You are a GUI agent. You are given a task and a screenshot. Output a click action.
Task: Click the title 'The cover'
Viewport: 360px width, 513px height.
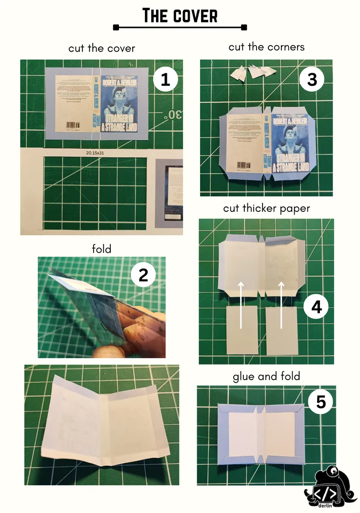180,16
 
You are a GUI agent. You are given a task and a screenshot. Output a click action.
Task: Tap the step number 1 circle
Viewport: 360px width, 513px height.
165,80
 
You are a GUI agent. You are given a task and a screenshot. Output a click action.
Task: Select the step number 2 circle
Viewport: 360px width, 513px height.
143,276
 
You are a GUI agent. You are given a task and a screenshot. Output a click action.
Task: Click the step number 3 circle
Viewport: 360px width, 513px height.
312,80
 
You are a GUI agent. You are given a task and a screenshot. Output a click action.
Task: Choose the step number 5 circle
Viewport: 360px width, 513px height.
320,402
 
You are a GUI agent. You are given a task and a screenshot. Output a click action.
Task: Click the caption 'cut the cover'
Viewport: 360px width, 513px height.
101,48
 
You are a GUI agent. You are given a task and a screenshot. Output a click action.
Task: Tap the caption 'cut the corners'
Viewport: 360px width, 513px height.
266,47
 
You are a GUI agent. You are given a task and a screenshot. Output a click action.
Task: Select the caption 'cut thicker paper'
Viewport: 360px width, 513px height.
266,208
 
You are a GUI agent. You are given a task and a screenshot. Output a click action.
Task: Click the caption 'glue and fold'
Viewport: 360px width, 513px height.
266,376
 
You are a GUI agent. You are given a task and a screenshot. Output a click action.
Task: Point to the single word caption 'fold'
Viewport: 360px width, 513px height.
101,249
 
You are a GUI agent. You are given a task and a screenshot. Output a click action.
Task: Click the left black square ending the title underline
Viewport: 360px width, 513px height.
116,27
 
